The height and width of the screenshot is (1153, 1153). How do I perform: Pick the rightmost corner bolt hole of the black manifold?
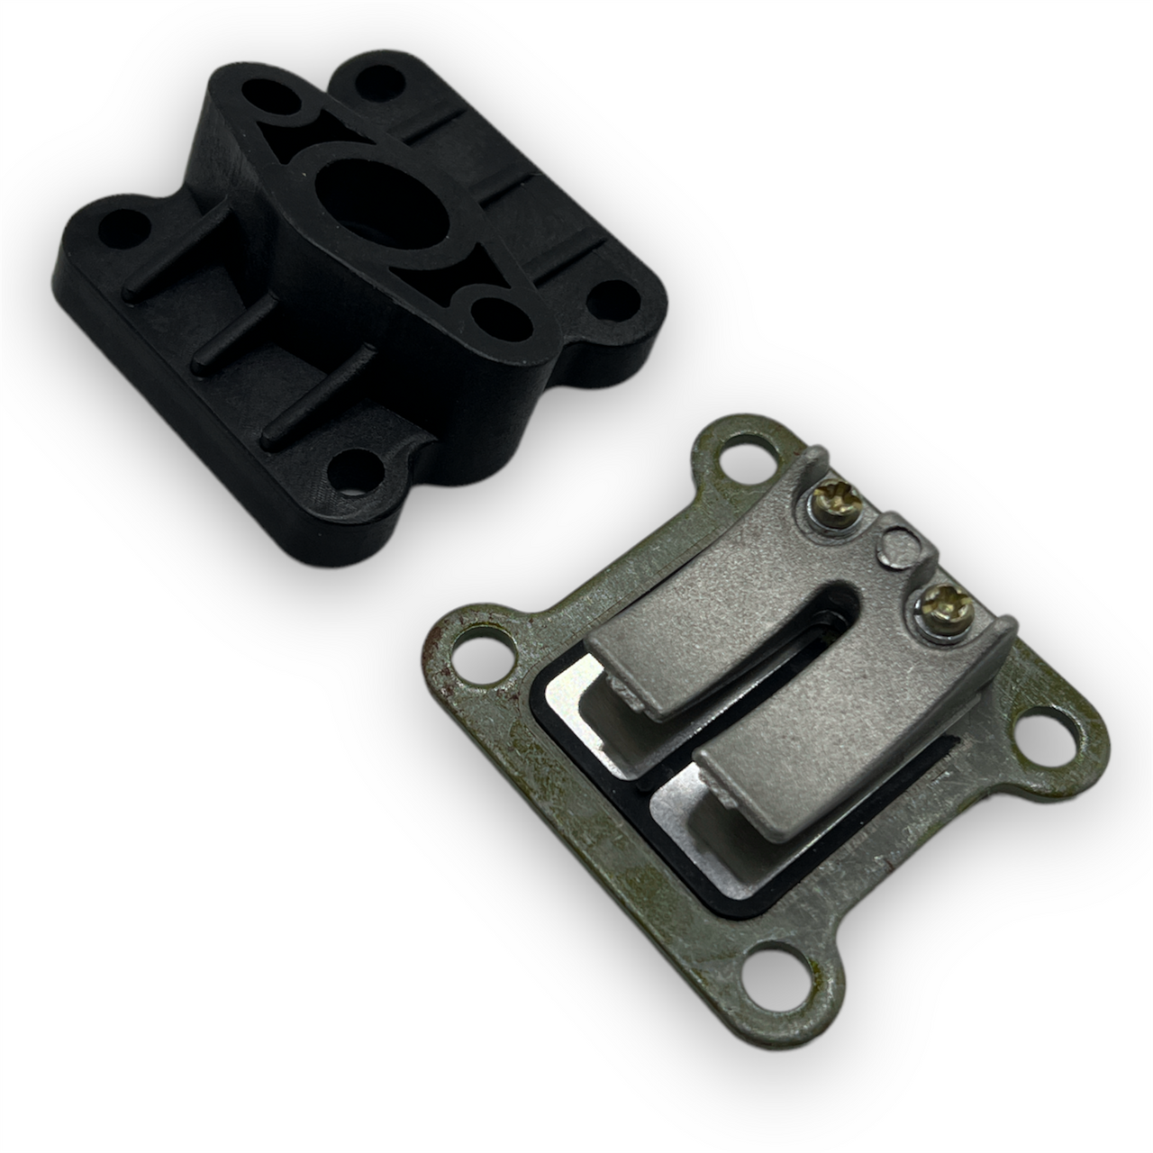(617, 298)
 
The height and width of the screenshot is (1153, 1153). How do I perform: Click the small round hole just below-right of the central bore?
(492, 316)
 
